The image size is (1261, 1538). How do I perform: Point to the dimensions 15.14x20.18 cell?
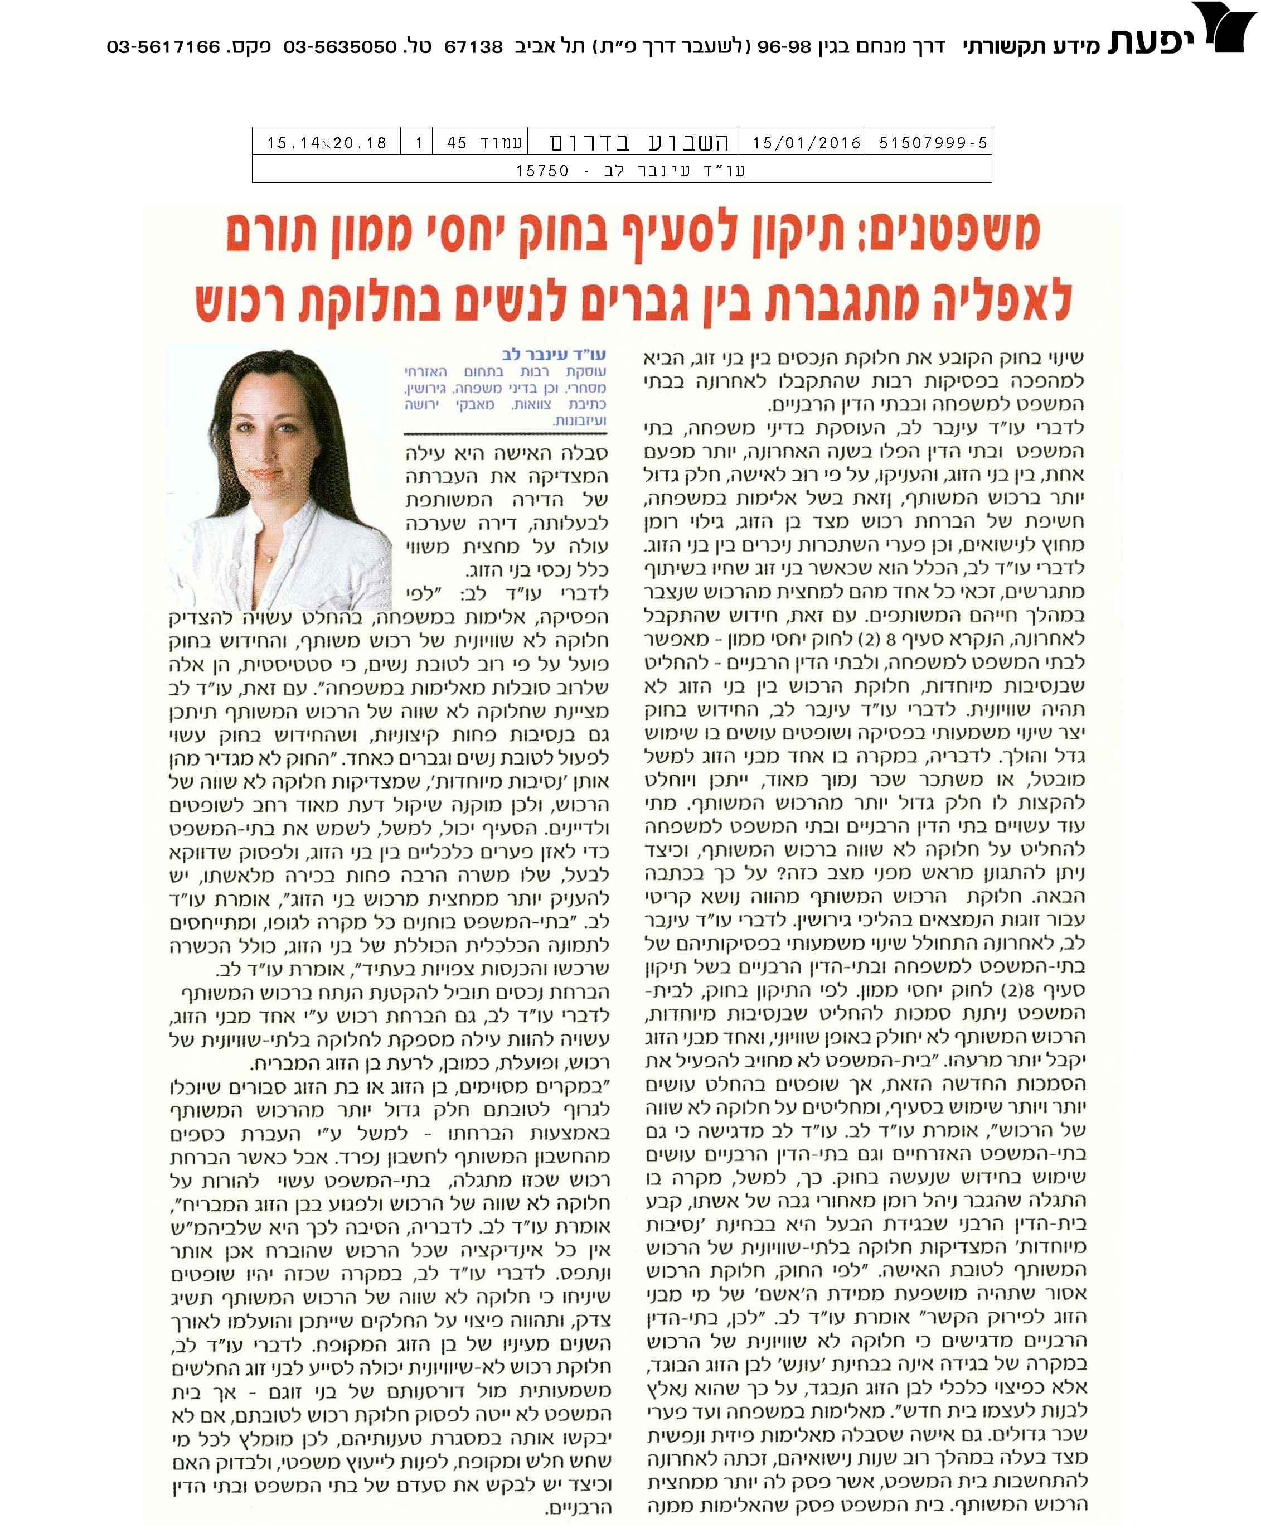pos(326,142)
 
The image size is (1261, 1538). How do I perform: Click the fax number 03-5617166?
pos(163,47)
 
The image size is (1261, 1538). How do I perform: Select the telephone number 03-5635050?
pos(340,47)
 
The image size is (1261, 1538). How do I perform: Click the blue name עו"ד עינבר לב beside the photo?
pos(554,355)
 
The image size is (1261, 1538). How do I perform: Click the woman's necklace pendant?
pos(270,558)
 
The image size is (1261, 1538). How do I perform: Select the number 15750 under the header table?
pos(542,171)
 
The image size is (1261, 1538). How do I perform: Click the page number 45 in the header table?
pos(457,142)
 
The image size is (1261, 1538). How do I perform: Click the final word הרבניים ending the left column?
pos(579,1508)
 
